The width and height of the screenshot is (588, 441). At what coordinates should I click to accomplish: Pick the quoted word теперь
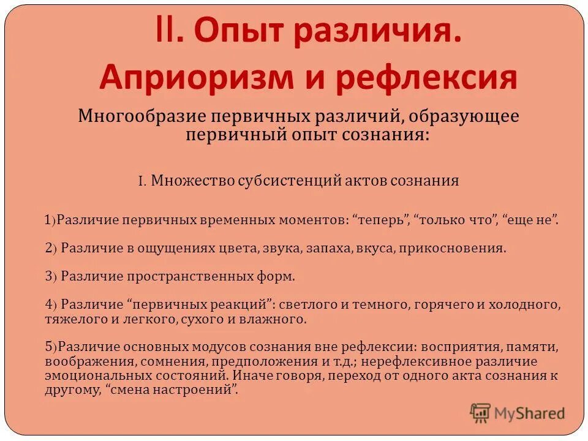(x=382, y=220)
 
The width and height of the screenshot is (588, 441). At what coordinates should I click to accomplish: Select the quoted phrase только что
(x=454, y=220)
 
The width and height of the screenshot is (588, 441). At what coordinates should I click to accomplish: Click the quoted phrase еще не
(x=530, y=220)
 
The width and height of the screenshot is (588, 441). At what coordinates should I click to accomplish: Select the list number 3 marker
(x=49, y=276)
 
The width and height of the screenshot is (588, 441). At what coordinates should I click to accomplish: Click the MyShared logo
(x=518, y=413)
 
